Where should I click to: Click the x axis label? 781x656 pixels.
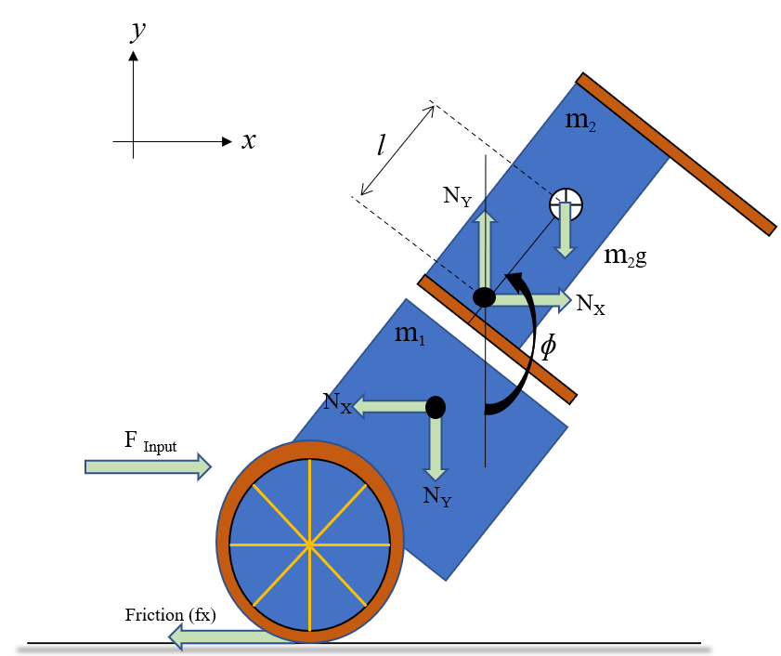[x=248, y=141]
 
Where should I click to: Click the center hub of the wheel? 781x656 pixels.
[x=309, y=544]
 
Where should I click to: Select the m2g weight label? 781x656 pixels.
[x=625, y=256]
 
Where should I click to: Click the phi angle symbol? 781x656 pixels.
[x=549, y=346]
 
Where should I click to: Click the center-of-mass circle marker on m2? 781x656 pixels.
[x=565, y=203]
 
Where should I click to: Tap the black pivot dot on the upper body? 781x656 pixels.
[x=484, y=297]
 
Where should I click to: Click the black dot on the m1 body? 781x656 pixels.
[x=435, y=407]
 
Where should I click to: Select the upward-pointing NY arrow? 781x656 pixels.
[x=484, y=246]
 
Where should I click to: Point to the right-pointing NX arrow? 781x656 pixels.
[x=533, y=298]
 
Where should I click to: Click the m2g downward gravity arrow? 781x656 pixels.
[x=565, y=235]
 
